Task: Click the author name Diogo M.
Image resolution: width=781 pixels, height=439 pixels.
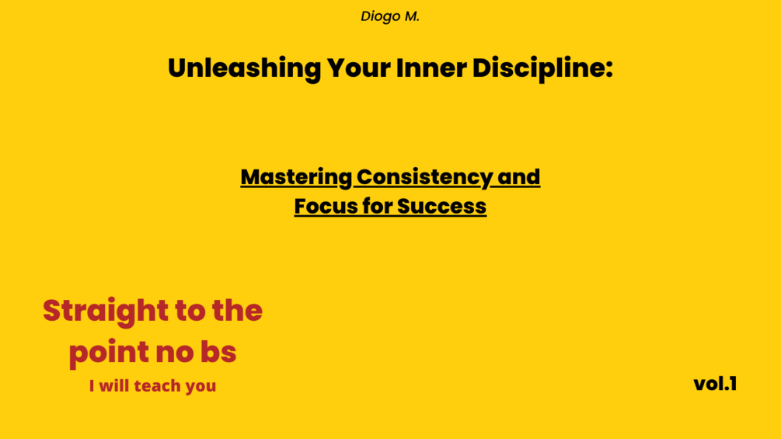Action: point(390,16)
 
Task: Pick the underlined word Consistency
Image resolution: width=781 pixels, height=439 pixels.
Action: point(424,178)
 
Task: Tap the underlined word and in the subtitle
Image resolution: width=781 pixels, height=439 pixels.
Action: point(518,177)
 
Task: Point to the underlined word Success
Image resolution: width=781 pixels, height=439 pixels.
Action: point(442,207)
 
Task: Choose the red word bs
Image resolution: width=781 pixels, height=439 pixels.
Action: point(216,353)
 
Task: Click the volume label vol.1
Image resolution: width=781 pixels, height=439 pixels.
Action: point(715,384)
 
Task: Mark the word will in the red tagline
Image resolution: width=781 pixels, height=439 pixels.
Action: point(114,385)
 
